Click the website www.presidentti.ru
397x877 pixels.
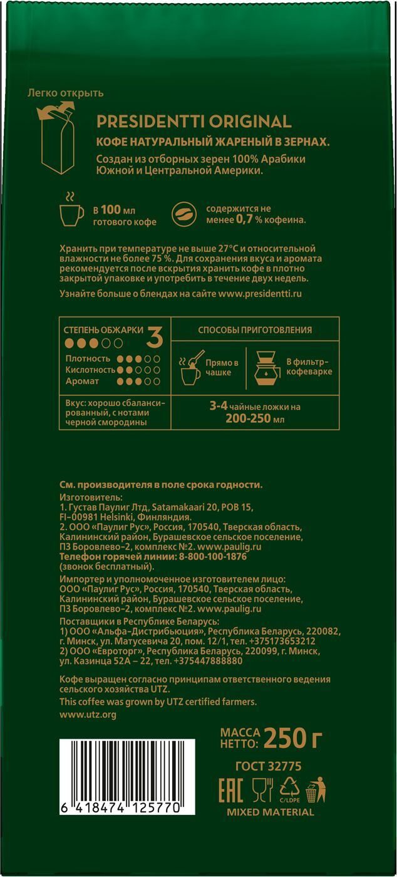260,293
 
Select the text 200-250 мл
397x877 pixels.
254,418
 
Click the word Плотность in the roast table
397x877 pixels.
88,359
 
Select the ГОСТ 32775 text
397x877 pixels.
268,766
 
